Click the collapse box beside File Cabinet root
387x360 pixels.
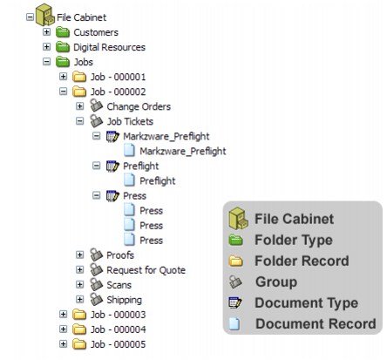(30, 17)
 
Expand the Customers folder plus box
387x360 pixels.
(46, 31)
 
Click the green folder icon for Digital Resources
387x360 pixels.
(63, 47)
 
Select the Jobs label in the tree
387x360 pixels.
(83, 62)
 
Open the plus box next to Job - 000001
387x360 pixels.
(63, 77)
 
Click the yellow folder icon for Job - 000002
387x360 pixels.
(79, 92)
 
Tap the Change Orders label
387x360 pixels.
(139, 106)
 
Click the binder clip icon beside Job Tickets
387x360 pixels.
(96, 121)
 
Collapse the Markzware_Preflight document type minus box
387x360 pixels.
(96, 136)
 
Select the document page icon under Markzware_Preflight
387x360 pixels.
(129, 151)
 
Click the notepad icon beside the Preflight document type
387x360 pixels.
(112, 166)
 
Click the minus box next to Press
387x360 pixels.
(96, 195)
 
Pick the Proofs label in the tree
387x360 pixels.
(120, 255)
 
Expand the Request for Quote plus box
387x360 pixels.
(79, 269)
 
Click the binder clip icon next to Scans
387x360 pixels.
(96, 284)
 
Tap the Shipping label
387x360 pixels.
(124, 300)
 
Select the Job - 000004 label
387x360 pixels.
(118, 329)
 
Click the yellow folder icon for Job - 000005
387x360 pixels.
(79, 344)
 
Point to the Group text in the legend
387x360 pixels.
(276, 282)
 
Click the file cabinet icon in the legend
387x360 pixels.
(238, 218)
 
